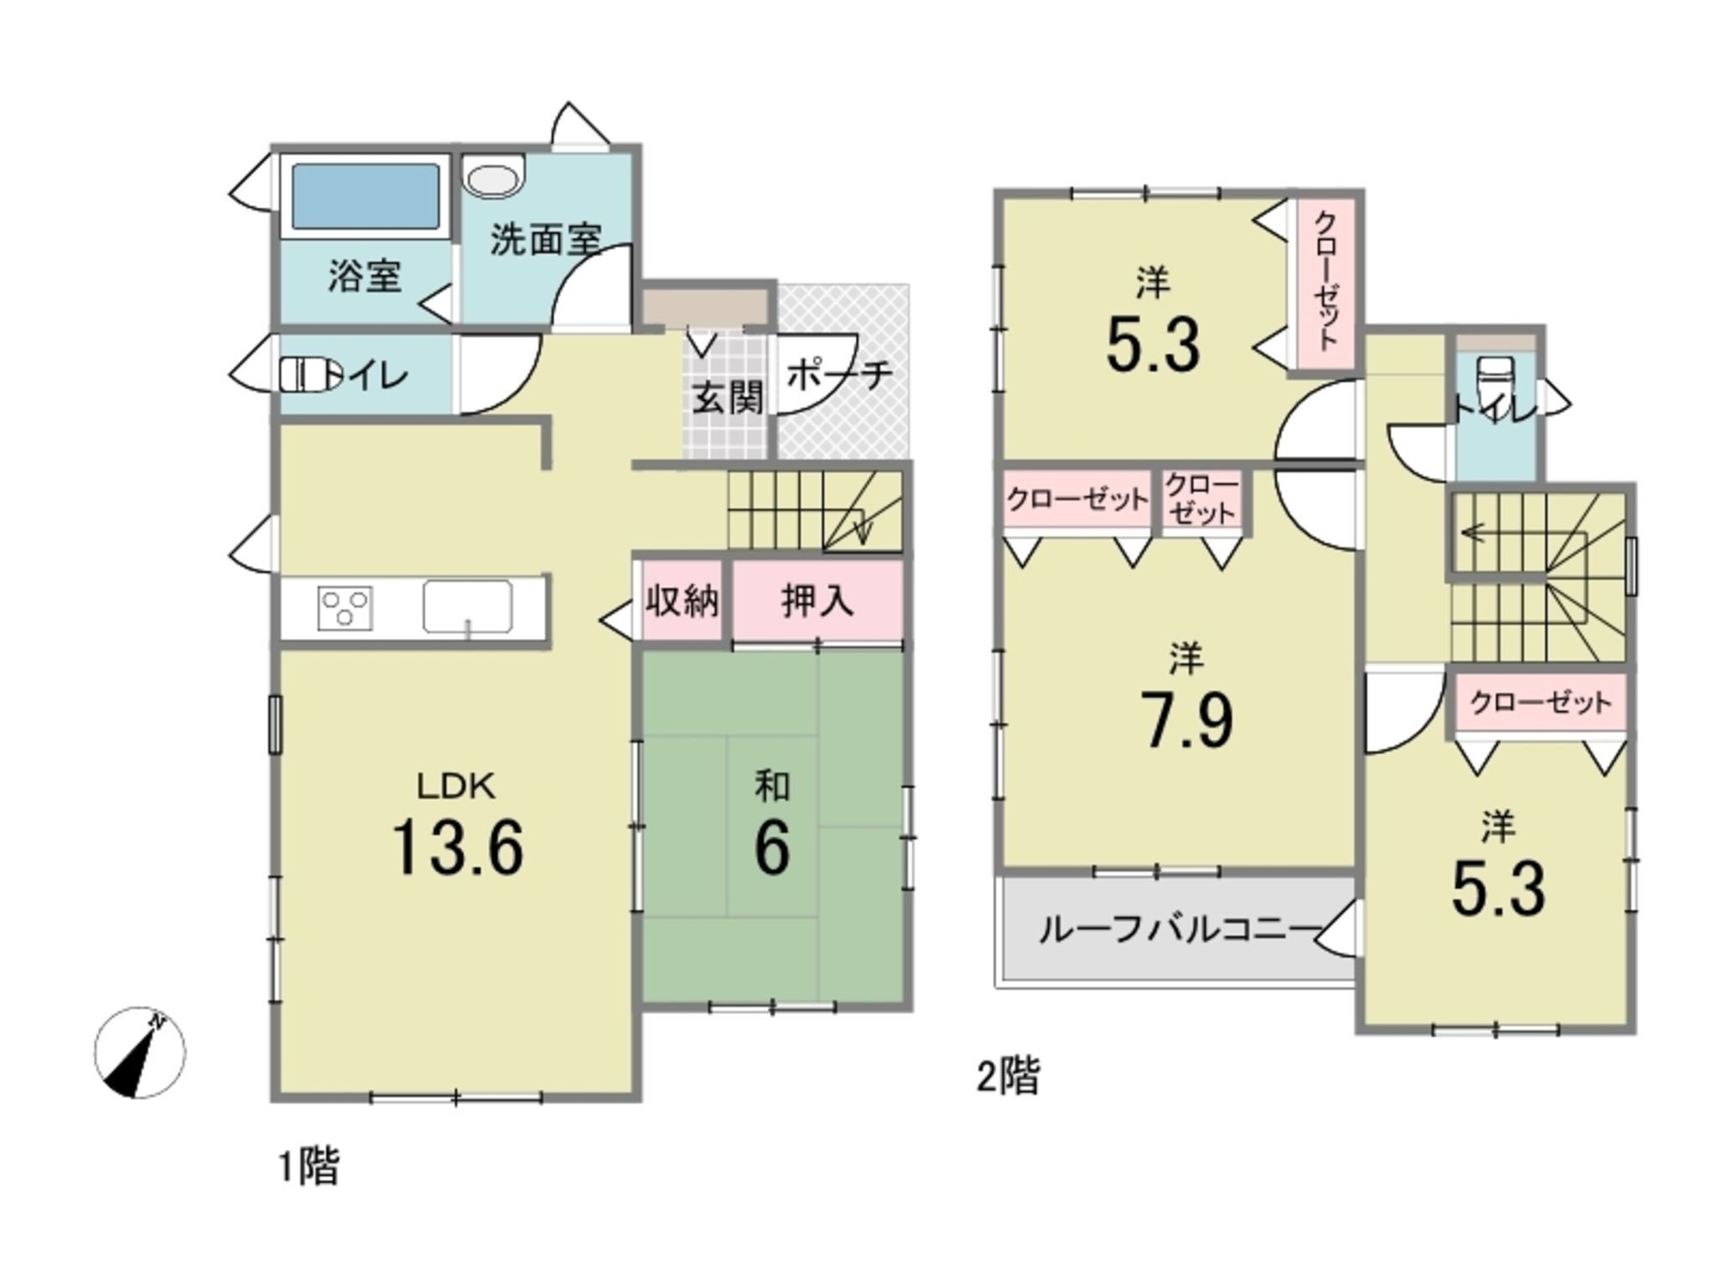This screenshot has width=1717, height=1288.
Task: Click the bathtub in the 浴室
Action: [x=366, y=197]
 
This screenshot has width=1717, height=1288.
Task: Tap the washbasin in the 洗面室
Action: [x=495, y=177]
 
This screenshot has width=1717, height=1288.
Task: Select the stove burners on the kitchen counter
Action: [x=345, y=607]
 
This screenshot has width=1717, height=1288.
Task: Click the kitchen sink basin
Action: [x=467, y=606]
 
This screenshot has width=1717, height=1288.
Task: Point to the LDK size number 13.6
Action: [x=457, y=848]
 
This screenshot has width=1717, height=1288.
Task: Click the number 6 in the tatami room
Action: [x=771, y=847]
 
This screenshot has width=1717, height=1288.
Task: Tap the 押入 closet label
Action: [x=817, y=600]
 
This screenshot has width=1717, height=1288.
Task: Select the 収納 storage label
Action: [x=682, y=600]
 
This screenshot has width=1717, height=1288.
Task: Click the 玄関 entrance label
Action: [x=728, y=397]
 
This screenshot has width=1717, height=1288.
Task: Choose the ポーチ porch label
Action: [x=838, y=374]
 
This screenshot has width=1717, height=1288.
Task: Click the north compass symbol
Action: [x=139, y=1052]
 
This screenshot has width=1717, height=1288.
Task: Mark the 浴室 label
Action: [x=365, y=276]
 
